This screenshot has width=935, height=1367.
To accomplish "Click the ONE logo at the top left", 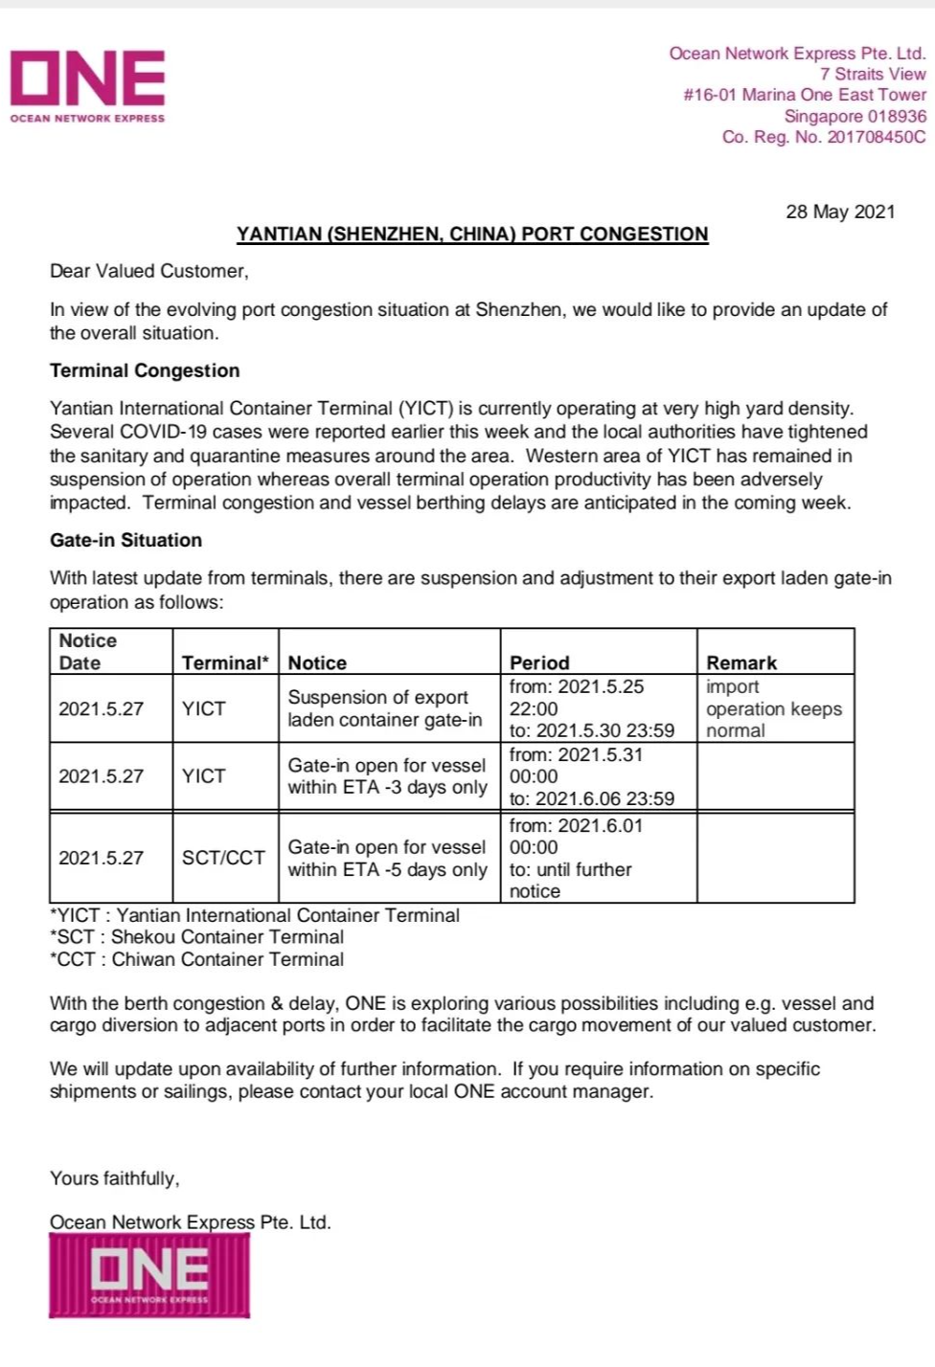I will pos(87,84).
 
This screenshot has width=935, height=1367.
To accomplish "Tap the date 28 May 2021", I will pos(840,212).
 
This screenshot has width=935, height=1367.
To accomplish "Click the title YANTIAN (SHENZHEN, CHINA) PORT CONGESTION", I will pos(472,235).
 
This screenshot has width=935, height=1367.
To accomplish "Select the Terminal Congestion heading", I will pos(145,370).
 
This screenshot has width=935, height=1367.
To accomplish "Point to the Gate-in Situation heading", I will pos(125,540).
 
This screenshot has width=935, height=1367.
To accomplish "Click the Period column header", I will pos(539,662).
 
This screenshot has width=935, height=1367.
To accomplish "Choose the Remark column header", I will pos(741,662).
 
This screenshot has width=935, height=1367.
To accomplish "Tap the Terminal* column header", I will pos(225,662).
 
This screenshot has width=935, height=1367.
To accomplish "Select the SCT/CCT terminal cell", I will pos(223,858).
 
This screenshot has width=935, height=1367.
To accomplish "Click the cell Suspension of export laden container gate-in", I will pos(385,708).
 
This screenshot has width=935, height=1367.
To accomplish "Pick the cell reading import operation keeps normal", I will pos(773,708).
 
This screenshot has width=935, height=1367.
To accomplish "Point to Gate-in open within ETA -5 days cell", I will pos(387,858).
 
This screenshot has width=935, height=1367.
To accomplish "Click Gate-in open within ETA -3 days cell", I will pos(387,776).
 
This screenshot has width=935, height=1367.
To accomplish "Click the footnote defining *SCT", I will pos(196,937).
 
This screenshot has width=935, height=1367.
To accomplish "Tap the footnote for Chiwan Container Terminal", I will pos(196,959).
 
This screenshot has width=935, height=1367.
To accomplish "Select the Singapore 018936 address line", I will pos(855,116).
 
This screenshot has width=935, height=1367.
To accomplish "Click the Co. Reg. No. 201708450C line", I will pos(824,137).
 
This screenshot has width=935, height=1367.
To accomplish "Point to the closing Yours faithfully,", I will pos(115,1178).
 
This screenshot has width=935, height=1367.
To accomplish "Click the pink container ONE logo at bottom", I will pos(149,1275).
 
